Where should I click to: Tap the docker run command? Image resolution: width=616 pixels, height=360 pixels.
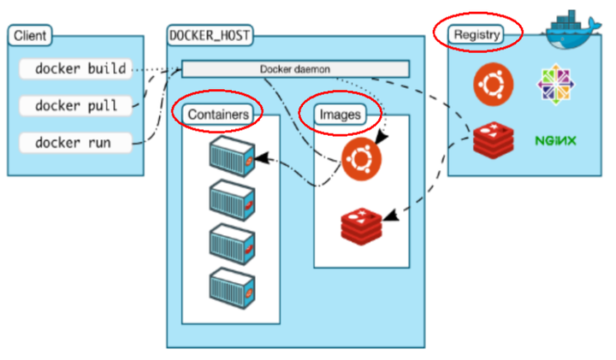pos(73,142)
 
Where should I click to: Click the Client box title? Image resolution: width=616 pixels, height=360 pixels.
pos(30,36)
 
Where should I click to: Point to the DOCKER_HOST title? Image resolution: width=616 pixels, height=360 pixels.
pos(210,36)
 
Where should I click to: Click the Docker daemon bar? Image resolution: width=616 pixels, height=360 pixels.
pos(295,68)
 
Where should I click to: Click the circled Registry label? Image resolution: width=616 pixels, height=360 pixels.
pos(477,35)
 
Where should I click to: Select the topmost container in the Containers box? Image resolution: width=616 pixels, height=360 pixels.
pos(231,156)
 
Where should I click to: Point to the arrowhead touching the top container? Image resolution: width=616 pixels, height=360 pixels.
pos(260,158)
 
